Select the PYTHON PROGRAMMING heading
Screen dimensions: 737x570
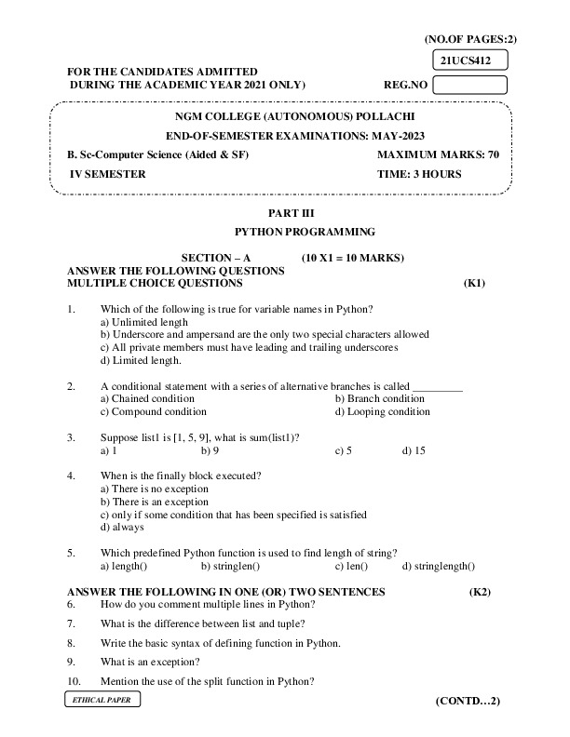click(305, 232)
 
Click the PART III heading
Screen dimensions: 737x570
click(305, 213)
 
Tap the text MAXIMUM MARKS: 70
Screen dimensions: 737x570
click(438, 154)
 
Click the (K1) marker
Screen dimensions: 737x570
click(474, 283)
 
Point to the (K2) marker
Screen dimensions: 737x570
click(480, 592)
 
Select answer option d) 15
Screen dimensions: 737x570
click(414, 450)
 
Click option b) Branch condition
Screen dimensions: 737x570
click(379, 398)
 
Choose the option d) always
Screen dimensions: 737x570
click(122, 528)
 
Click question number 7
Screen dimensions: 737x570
click(72, 623)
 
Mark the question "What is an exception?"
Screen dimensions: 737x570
click(149, 662)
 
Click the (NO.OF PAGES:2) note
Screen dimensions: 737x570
click(469, 39)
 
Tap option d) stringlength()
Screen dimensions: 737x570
click(438, 566)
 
